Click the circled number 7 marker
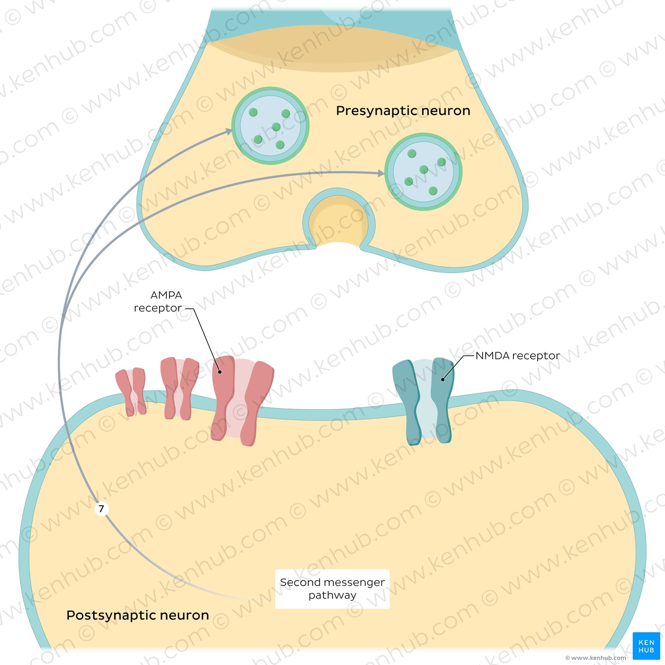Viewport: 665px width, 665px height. tap(102, 509)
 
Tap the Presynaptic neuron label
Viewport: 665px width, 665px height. tap(403, 111)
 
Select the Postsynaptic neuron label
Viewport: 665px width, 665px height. tap(138, 615)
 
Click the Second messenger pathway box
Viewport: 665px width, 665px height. tap(332, 589)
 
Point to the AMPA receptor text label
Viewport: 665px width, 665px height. tap(161, 301)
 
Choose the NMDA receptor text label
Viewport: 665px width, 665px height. tap(518, 355)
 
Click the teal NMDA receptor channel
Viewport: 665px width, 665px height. tap(423, 401)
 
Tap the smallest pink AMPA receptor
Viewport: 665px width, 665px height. tap(131, 392)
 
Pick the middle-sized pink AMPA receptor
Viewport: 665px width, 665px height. tap(180, 388)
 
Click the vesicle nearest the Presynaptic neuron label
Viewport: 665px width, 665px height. tap(271, 125)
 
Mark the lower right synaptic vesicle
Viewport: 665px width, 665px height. tap(423, 171)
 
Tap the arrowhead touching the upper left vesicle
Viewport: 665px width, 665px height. tap(228, 132)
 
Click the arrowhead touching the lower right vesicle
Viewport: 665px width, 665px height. tap(381, 173)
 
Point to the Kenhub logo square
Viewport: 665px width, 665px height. tap(646, 646)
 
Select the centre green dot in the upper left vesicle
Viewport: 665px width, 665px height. tap(276, 127)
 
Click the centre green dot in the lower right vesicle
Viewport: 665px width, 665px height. tap(424, 170)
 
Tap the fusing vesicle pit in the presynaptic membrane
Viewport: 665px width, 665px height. tap(339, 219)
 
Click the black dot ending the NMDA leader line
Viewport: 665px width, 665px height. tap(443, 380)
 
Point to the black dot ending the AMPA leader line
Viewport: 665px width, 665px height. tap(219, 372)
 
